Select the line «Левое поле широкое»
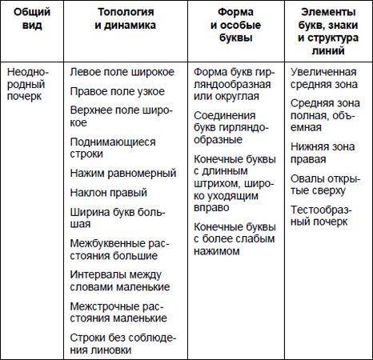point(122,71)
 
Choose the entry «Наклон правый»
point(109,192)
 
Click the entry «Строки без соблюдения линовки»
point(122,343)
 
